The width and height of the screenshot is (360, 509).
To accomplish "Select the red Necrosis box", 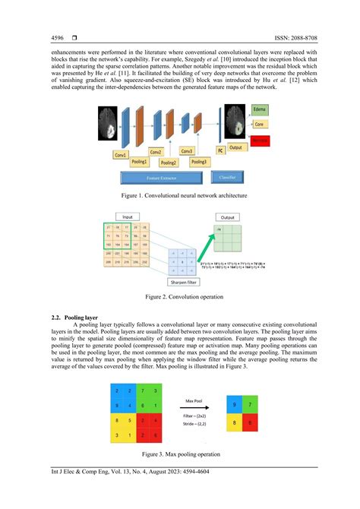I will point(261,142).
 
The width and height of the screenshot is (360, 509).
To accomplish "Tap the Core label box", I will point(260,125).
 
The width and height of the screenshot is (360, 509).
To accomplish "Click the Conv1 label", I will point(121,155).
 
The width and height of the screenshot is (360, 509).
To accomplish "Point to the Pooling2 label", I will point(168,163).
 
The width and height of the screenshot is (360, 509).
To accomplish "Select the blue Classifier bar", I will point(227,177).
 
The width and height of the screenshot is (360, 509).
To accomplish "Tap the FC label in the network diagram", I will point(221,151).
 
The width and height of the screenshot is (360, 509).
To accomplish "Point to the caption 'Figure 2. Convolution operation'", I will point(179,297).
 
